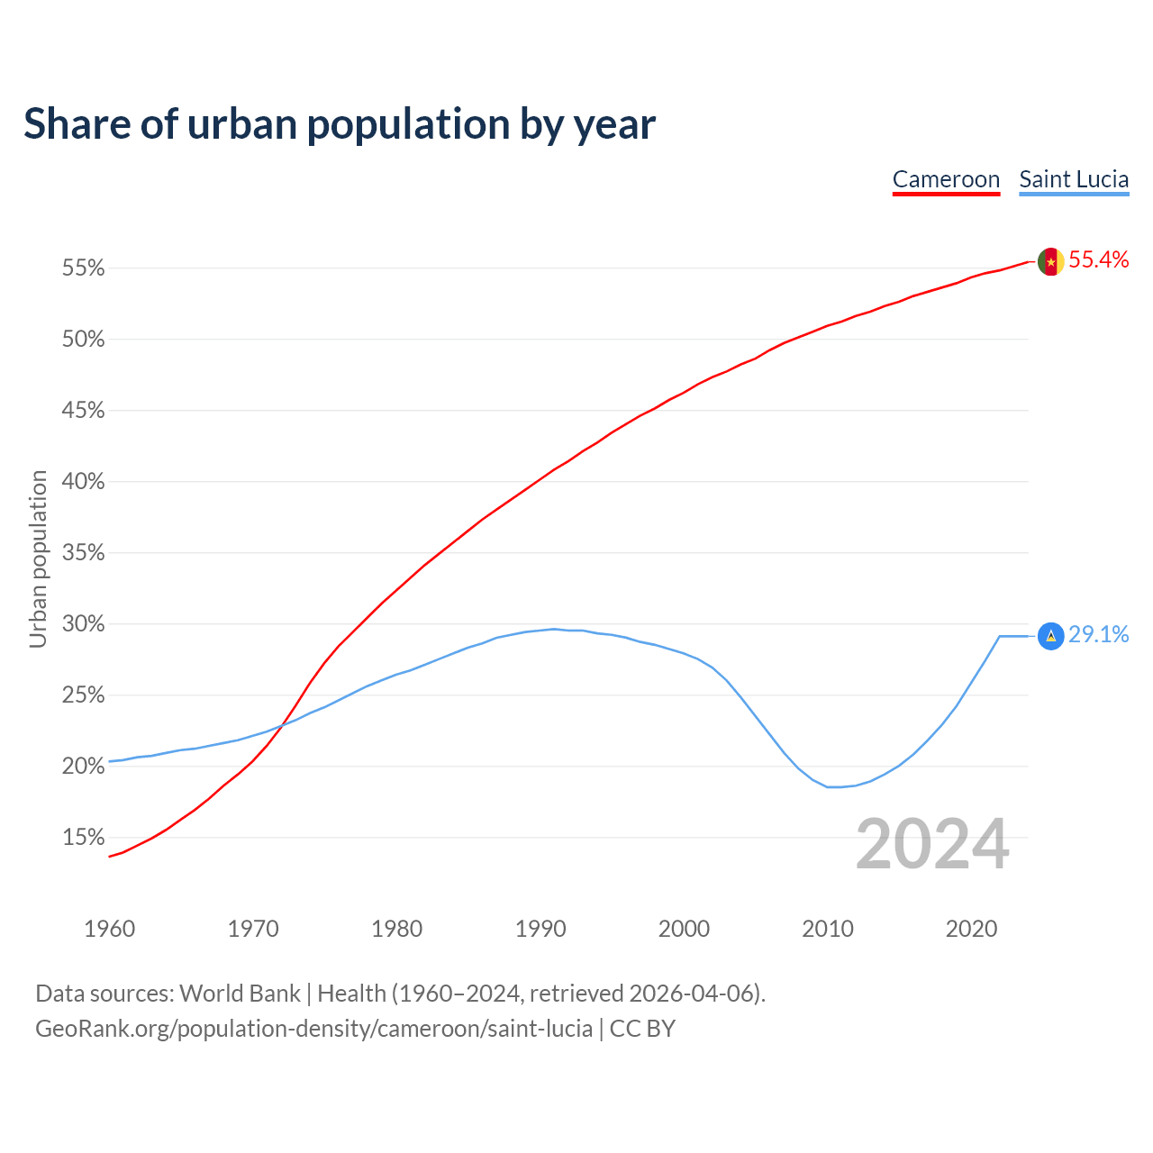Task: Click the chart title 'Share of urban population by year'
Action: pos(340,124)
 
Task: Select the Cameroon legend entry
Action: pos(946,179)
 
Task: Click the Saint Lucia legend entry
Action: pos(1074,179)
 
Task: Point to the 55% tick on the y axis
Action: pos(83,268)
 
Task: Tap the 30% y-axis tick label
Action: pos(83,624)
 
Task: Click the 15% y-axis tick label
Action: pos(83,838)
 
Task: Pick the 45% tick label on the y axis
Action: pos(83,411)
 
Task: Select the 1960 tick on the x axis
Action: pos(109,929)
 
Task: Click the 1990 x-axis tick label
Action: pos(540,929)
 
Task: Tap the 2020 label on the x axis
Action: pos(971,929)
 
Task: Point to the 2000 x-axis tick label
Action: pos(684,929)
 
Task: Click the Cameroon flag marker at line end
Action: pos(1050,262)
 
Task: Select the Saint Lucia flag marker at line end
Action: pos(1050,636)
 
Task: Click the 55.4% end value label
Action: pos(1098,260)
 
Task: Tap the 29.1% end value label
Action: pos(1098,635)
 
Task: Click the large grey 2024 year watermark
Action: pos(932,845)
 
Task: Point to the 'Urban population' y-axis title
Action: pos(38,558)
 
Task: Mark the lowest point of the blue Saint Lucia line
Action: pos(835,787)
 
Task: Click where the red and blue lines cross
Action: pos(282,725)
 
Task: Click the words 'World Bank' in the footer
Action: pos(240,994)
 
